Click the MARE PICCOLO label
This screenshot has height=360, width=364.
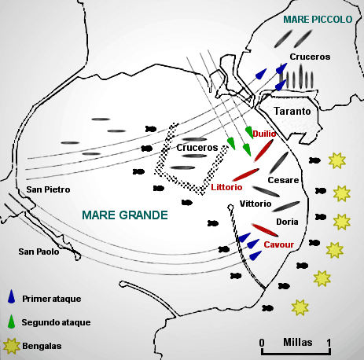coord(318,20)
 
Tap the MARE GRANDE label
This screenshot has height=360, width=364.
coord(125,215)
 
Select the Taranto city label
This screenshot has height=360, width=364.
coord(292,111)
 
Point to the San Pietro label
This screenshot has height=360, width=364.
coord(48,189)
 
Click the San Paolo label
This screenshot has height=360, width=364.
coord(39,252)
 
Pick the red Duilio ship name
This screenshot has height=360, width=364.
coord(264,134)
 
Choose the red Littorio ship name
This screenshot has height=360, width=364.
coord(226,187)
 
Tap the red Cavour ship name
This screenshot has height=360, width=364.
coord(279,244)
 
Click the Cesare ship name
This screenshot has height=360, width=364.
coord(283,180)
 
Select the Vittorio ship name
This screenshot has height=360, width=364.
coord(256,204)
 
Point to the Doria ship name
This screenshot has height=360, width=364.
coord(287,222)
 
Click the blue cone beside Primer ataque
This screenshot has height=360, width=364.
coord(11,296)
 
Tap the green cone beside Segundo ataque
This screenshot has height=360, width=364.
coord(11,321)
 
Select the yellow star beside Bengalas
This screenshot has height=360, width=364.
coord(11,346)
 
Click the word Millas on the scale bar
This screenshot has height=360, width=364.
coord(298,342)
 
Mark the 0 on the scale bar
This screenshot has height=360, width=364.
coord(262,343)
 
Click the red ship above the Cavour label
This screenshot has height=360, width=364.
coord(265,230)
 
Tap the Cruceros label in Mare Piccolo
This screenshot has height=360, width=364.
coord(310,57)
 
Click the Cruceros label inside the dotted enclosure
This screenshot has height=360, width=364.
coord(197,148)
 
